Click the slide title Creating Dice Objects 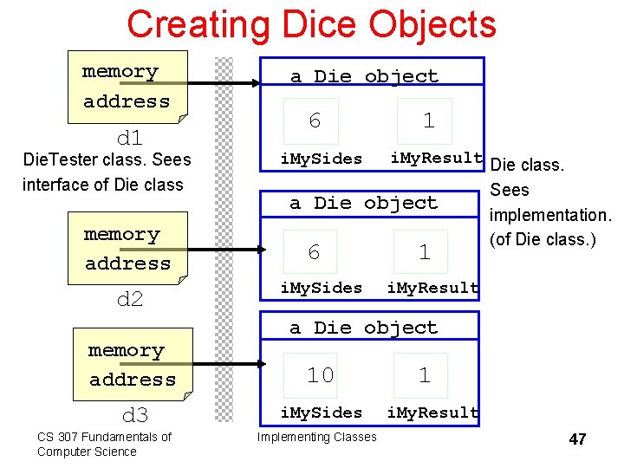[x=311, y=24]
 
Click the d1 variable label [x=129, y=138]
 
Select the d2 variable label [x=129, y=300]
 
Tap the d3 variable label [x=134, y=414]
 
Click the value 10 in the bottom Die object [x=320, y=375]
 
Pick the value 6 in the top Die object [x=315, y=121]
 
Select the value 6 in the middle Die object [x=314, y=252]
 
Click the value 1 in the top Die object [x=428, y=121]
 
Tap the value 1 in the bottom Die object [x=424, y=375]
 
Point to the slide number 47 [x=577, y=439]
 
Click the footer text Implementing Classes [x=317, y=437]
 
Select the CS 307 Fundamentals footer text [x=103, y=444]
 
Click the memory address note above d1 [x=127, y=87]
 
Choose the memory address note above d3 [x=132, y=365]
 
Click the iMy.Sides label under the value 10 [x=322, y=413]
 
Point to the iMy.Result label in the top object [x=436, y=158]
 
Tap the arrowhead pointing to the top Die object [x=255, y=83]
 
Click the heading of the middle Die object [x=364, y=203]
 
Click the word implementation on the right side [x=550, y=215]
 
